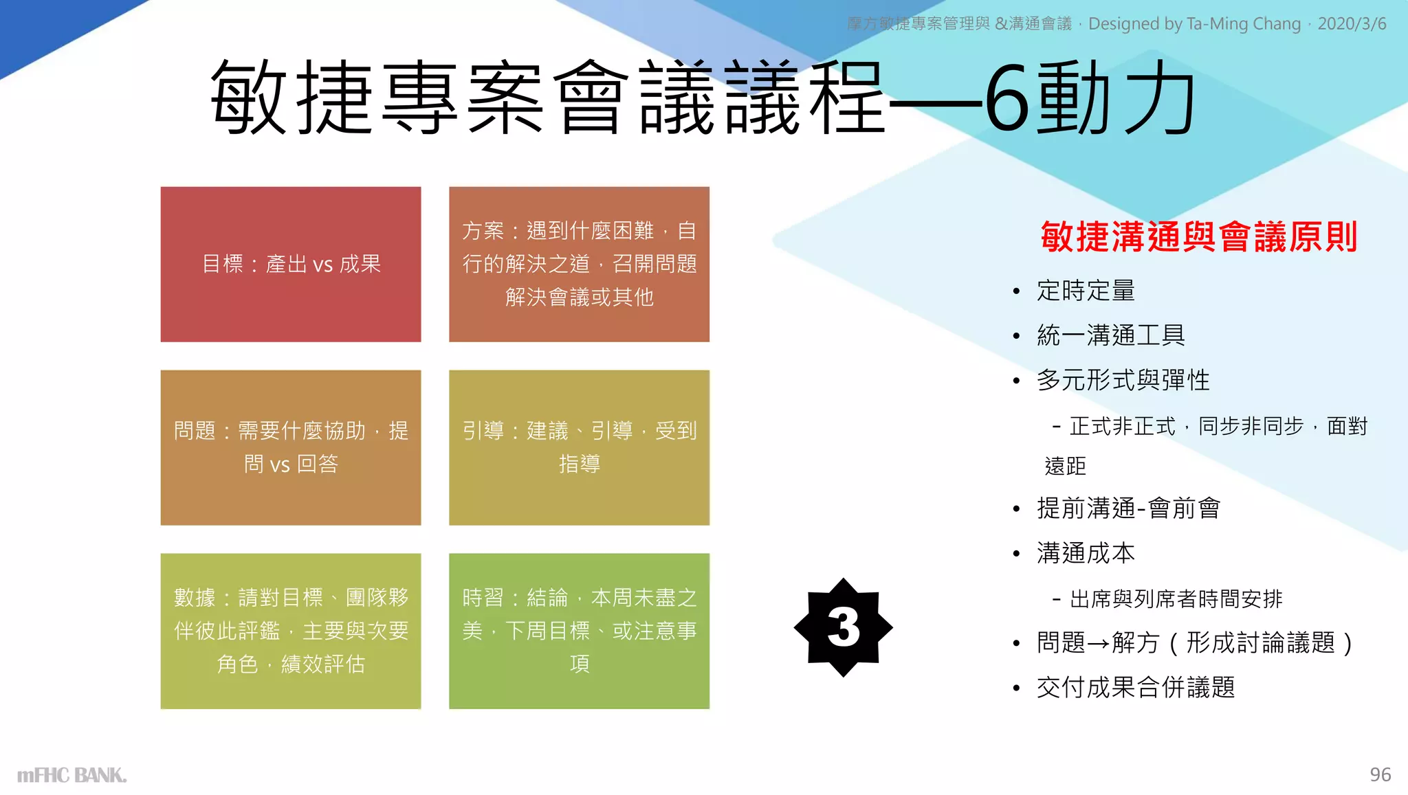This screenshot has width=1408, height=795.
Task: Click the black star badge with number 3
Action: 843,627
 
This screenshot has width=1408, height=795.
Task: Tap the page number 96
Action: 1380,774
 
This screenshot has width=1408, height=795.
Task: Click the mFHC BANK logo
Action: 71,775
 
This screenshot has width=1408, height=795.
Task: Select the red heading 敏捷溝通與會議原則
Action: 1198,236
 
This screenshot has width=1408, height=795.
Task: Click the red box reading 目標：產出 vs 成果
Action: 291,264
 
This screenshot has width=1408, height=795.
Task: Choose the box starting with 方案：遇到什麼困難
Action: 579,264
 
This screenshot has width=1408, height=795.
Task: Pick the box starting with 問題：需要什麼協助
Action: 291,447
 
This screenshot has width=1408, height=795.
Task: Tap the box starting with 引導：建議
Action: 579,447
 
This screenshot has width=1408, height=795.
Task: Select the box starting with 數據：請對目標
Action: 291,631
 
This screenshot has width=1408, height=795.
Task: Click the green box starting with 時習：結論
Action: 579,631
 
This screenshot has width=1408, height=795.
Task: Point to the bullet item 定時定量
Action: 1086,291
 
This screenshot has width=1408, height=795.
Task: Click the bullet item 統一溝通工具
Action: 1111,335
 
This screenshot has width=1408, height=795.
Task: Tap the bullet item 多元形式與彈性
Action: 1123,380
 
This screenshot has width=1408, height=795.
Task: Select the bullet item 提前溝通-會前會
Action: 1128,508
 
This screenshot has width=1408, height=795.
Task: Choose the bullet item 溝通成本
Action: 1086,553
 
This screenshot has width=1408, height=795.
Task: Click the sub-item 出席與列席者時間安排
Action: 1176,599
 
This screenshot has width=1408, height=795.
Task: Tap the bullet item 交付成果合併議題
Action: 1136,687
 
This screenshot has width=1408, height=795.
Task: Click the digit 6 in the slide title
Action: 1009,98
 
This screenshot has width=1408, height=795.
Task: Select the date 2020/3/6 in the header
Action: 1352,24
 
